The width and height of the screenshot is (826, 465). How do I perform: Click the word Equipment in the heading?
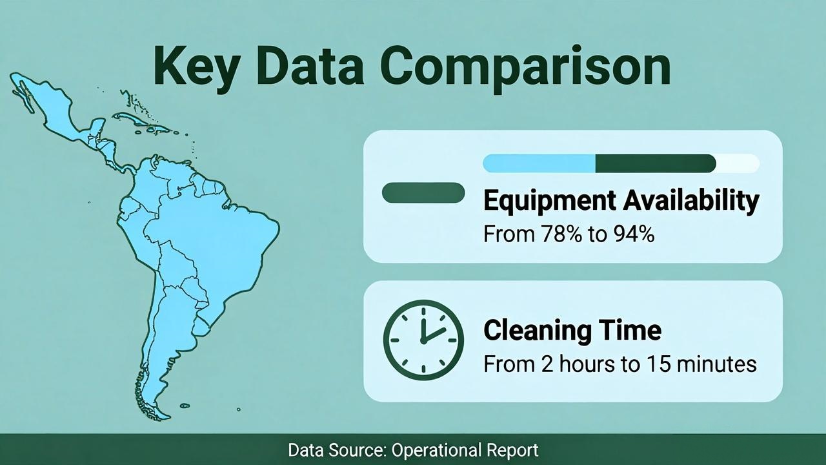click(x=549, y=201)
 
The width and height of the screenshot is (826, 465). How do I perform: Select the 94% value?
click(x=634, y=234)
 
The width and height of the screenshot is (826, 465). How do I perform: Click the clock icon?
click(x=423, y=340)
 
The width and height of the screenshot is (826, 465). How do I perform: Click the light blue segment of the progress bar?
click(x=539, y=163)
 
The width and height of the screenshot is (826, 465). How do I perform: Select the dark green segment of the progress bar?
click(x=656, y=163)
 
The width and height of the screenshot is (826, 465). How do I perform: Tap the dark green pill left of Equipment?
click(x=423, y=192)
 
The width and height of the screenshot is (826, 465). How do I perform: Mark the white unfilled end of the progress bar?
click(x=738, y=163)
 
